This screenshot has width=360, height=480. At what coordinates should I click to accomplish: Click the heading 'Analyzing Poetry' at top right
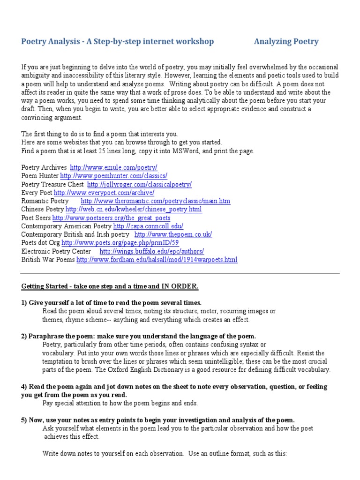(x=286, y=42)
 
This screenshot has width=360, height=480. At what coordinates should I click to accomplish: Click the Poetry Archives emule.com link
(x=113, y=167)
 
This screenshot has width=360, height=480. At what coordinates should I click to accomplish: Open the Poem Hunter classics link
(x=113, y=176)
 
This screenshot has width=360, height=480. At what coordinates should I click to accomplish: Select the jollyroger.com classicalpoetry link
(x=139, y=184)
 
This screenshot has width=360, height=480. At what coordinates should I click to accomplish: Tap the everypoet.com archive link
(x=104, y=193)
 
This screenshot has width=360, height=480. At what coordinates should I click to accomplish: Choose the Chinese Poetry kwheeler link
(x=134, y=210)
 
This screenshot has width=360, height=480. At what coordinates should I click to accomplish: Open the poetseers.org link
(x=111, y=218)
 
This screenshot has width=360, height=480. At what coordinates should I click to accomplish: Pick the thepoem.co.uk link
(x=173, y=234)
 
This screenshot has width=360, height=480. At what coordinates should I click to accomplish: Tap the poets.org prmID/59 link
(x=120, y=243)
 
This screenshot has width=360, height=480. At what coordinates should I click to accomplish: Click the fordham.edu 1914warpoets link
(x=157, y=260)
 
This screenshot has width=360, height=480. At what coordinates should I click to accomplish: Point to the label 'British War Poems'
(x=48, y=260)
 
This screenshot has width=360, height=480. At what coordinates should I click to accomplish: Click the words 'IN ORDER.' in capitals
(x=180, y=286)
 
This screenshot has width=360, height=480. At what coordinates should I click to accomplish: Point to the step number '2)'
(x=24, y=336)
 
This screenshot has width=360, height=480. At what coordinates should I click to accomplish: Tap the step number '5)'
(x=24, y=420)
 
